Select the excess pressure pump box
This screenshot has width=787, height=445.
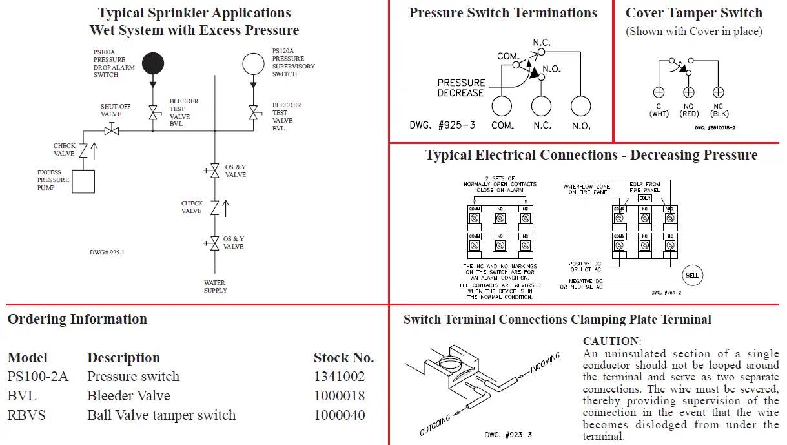point(83,181)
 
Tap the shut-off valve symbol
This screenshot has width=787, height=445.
point(112,130)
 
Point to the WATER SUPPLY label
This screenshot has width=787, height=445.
point(216,287)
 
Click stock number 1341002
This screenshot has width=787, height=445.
point(339,377)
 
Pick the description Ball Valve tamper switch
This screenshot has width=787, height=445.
point(161,415)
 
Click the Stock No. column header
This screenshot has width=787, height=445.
point(343,358)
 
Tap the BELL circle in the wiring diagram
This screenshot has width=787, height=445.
point(692,275)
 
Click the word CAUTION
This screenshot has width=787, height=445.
point(611,341)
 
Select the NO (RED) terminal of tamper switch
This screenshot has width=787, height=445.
point(689,92)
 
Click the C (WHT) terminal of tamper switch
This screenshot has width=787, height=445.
point(659,92)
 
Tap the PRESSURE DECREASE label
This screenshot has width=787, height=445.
point(460,88)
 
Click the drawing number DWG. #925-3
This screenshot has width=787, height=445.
point(442,125)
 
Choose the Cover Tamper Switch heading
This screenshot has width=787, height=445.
point(694,13)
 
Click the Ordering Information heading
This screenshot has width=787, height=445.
point(77,319)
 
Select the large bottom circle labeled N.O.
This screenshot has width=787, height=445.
point(581,106)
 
